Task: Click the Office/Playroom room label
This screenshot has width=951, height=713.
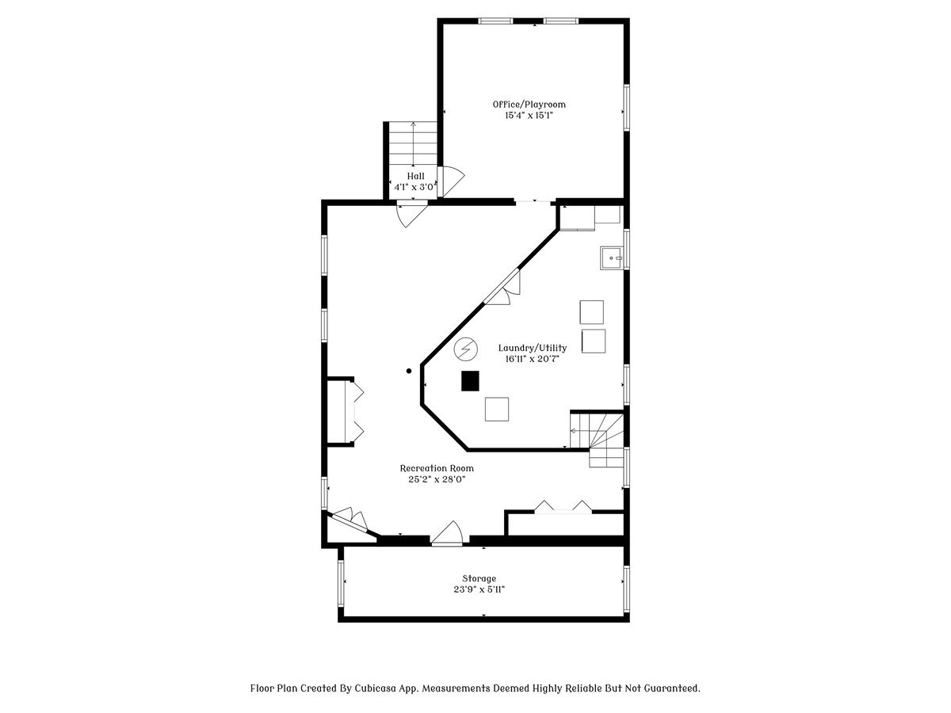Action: coord(529,104)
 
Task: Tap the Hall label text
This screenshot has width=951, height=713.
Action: coord(415,176)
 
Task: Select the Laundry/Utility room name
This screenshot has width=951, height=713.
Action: coord(532,348)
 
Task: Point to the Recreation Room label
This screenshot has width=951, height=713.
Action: coord(437,468)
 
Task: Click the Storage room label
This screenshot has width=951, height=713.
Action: coord(479,578)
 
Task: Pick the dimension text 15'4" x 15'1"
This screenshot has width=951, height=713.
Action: coord(529,116)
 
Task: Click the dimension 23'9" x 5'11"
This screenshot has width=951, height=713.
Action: coord(479,589)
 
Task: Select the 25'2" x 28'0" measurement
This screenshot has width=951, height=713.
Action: coord(437,479)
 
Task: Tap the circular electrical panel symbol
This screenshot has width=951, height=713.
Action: coord(466,348)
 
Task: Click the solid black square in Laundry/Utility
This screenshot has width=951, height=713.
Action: coord(470,381)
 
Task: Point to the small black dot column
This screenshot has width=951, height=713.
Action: coord(409,371)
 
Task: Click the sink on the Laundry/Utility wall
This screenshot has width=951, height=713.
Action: coord(611,257)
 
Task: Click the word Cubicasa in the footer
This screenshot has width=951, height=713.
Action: coord(372,688)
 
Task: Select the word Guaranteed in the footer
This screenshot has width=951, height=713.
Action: coord(669,688)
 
